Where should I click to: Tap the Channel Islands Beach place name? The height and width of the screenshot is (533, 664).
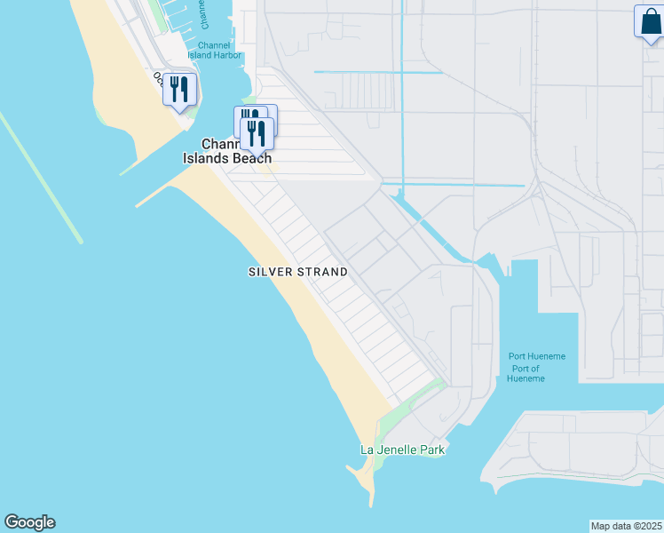227,151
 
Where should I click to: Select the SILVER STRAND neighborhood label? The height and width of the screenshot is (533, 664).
297,272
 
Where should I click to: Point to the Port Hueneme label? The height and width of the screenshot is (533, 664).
536,356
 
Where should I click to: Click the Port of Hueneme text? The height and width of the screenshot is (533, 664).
526,373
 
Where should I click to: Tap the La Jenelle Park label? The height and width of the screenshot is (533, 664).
402,449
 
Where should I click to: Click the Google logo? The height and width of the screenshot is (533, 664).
29,522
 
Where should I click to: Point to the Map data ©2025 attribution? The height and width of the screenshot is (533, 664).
626,526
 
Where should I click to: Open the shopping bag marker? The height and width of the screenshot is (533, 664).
649,22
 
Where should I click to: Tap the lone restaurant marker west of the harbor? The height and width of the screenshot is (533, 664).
179,90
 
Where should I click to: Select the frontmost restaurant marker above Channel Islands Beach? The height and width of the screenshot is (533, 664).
257,133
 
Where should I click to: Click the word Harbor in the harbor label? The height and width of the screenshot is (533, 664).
215,55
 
